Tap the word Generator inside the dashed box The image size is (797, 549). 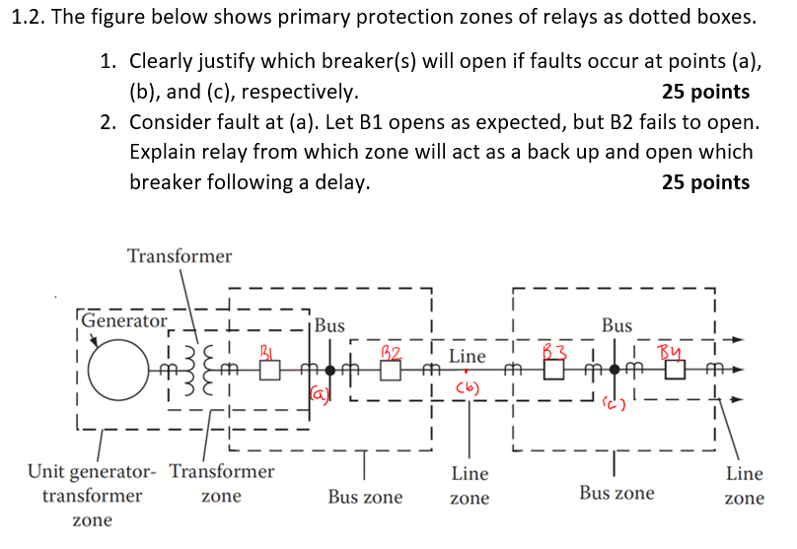[124, 320]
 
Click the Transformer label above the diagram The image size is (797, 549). [180, 256]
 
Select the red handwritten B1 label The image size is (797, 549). [266, 349]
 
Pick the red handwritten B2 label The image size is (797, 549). [391, 351]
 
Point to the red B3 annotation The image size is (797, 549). [557, 349]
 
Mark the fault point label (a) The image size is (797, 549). [320, 393]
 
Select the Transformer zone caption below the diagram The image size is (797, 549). [222, 483]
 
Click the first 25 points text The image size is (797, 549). [705, 92]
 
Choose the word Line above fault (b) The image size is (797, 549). [468, 355]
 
